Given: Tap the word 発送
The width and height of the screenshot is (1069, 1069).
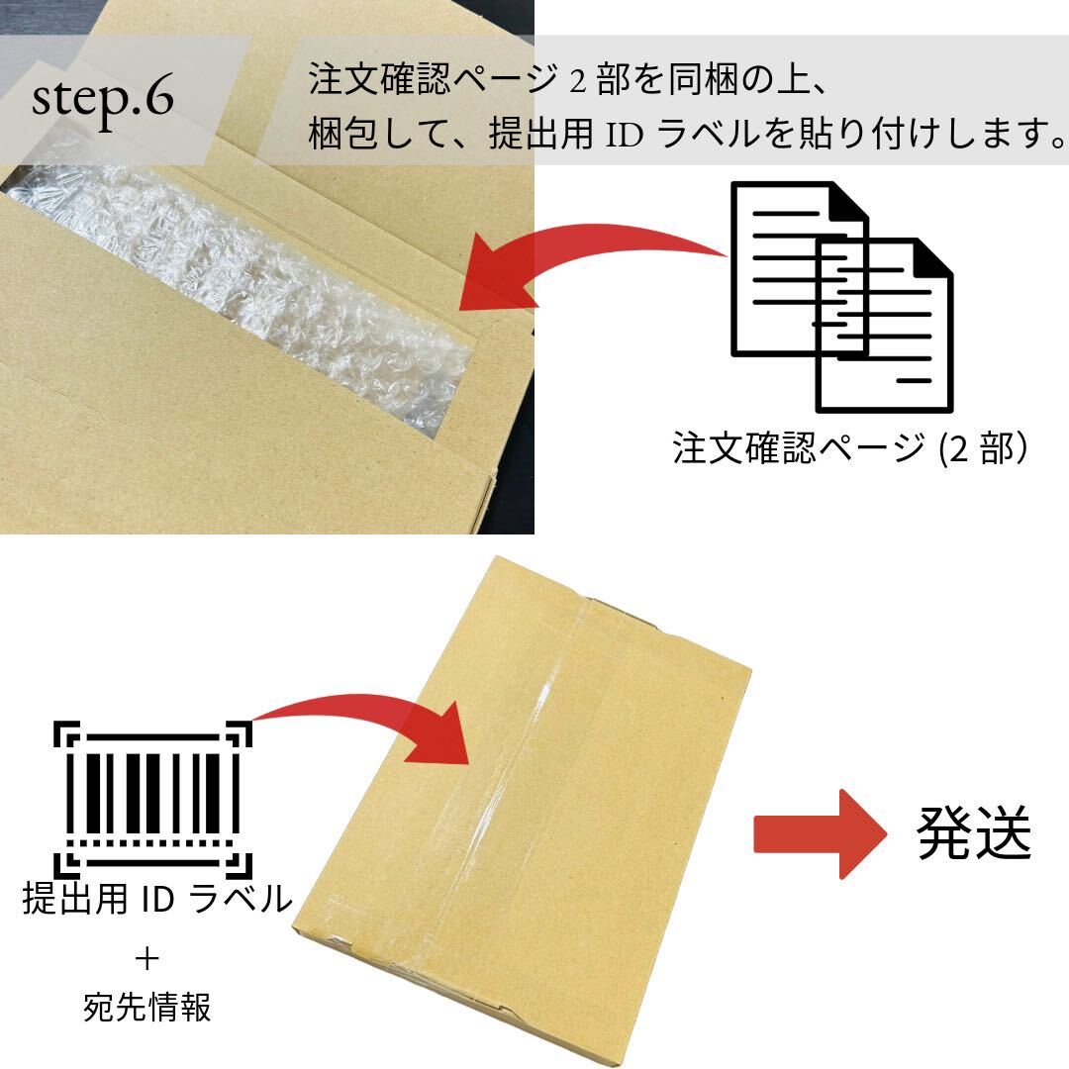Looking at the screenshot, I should tap(974, 833).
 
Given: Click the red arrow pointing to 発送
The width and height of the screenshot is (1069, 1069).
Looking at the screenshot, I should tap(817, 833).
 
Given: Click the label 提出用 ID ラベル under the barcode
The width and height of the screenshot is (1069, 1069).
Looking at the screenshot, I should tap(157, 900).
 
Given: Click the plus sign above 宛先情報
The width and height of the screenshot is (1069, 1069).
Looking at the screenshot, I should tap(146, 957).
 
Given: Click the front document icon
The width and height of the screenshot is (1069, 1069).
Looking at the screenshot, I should tap(883, 327).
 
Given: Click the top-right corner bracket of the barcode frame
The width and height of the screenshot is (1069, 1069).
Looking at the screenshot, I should tap(239, 733).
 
